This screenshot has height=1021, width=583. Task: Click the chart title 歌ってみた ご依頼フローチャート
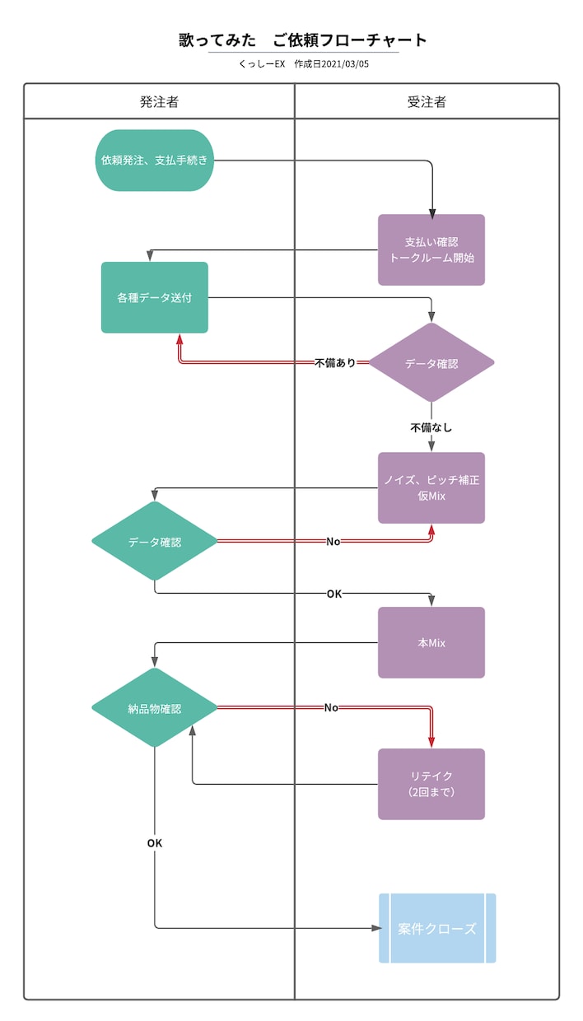[303, 40]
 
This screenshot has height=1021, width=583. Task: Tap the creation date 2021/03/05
[345, 64]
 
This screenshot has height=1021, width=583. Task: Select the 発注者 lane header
[159, 101]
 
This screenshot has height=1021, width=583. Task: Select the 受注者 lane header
[427, 101]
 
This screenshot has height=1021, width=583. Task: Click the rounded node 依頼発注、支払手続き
[155, 161]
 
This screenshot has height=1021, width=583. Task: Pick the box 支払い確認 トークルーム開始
[431, 249]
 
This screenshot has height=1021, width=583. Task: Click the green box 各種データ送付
[155, 297]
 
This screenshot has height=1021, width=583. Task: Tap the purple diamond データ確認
[431, 363]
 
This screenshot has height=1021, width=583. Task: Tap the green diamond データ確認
[155, 541]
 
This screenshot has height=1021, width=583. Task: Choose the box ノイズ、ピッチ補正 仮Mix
[431, 487]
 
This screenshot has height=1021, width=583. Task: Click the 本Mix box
[431, 643]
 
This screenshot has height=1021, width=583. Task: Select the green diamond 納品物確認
[155, 708]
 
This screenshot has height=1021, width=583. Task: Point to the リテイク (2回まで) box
[431, 784]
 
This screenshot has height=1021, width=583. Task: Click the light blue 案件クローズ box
[437, 928]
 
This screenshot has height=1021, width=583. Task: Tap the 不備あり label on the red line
[335, 363]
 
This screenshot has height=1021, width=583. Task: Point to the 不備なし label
[431, 427]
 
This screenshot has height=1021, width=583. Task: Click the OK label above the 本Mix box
[334, 594]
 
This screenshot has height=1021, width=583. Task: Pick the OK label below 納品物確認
[155, 843]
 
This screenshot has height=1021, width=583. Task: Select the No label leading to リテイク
[331, 708]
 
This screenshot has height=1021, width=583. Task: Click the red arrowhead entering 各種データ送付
[180, 339]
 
